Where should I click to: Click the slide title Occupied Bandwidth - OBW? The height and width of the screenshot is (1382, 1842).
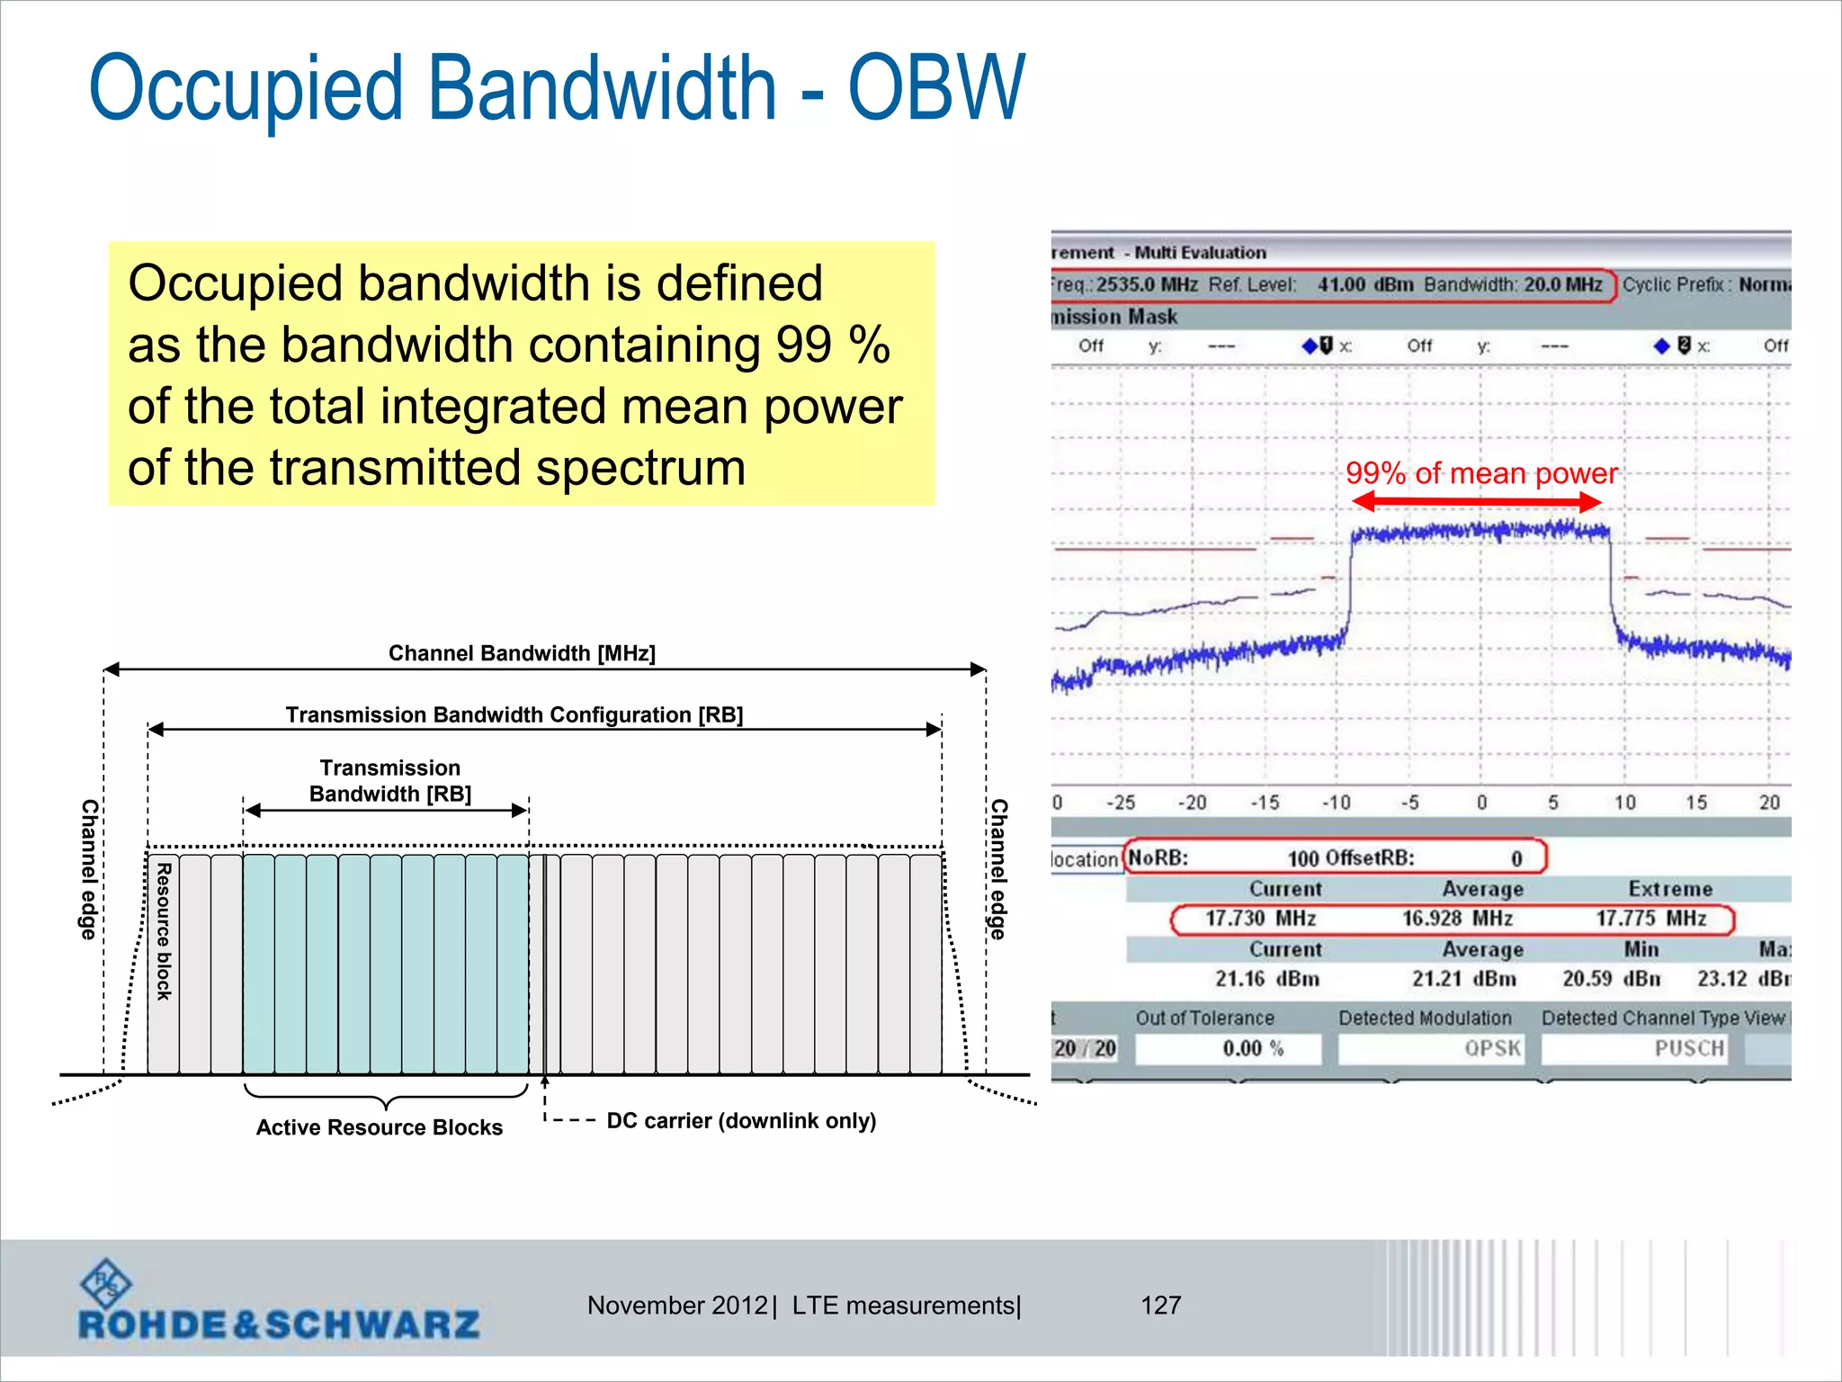pyautogui.click(x=557, y=88)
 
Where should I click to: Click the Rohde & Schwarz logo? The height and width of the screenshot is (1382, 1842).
pyautogui.click(x=279, y=1302)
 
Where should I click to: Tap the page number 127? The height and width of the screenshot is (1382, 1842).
pyautogui.click(x=1160, y=1306)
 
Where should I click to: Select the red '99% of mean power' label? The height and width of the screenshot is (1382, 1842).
pyautogui.click(x=1480, y=473)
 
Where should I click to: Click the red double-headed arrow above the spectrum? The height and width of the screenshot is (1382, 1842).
pyautogui.click(x=1477, y=502)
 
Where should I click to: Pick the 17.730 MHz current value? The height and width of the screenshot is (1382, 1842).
pyautogui.click(x=1260, y=919)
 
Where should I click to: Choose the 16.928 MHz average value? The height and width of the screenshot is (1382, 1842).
pyautogui.click(x=1457, y=919)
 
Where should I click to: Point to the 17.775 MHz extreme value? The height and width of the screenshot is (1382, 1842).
pyautogui.click(x=1650, y=919)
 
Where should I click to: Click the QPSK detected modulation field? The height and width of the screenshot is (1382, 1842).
pyautogui.click(x=1431, y=1048)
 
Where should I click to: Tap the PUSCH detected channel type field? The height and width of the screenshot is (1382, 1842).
pyautogui.click(x=1633, y=1048)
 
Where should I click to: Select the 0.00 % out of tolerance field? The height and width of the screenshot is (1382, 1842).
pyautogui.click(x=1228, y=1048)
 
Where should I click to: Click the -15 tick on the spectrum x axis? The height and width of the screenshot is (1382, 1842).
pyautogui.click(x=1265, y=803)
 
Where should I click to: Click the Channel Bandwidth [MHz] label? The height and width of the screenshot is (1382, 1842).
pyautogui.click(x=522, y=653)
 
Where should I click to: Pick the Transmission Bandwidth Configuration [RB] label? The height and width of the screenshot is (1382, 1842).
pyautogui.click(x=514, y=715)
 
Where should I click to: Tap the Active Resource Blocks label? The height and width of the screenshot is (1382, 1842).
pyautogui.click(x=379, y=1127)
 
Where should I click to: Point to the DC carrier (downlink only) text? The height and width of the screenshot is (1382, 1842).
pyautogui.click(x=741, y=1121)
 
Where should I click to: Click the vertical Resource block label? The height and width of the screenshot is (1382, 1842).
pyautogui.click(x=164, y=931)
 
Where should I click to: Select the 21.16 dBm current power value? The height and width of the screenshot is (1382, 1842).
pyautogui.click(x=1266, y=979)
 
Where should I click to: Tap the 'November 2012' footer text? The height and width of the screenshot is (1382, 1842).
pyautogui.click(x=676, y=1306)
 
